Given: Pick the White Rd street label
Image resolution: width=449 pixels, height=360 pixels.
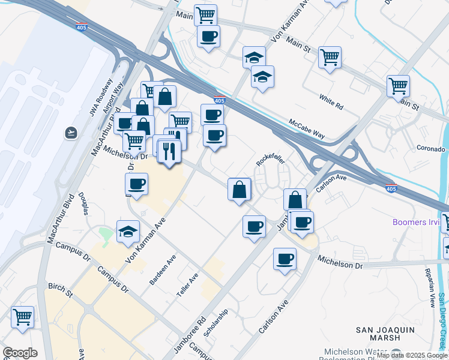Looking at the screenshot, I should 331,102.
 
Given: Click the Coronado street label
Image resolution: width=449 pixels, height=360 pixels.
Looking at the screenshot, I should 431,148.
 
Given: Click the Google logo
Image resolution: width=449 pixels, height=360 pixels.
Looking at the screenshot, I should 19,353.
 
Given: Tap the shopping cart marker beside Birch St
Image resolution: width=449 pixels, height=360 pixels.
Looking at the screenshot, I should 22,317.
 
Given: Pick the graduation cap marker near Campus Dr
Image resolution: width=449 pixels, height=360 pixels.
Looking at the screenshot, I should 128,233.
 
